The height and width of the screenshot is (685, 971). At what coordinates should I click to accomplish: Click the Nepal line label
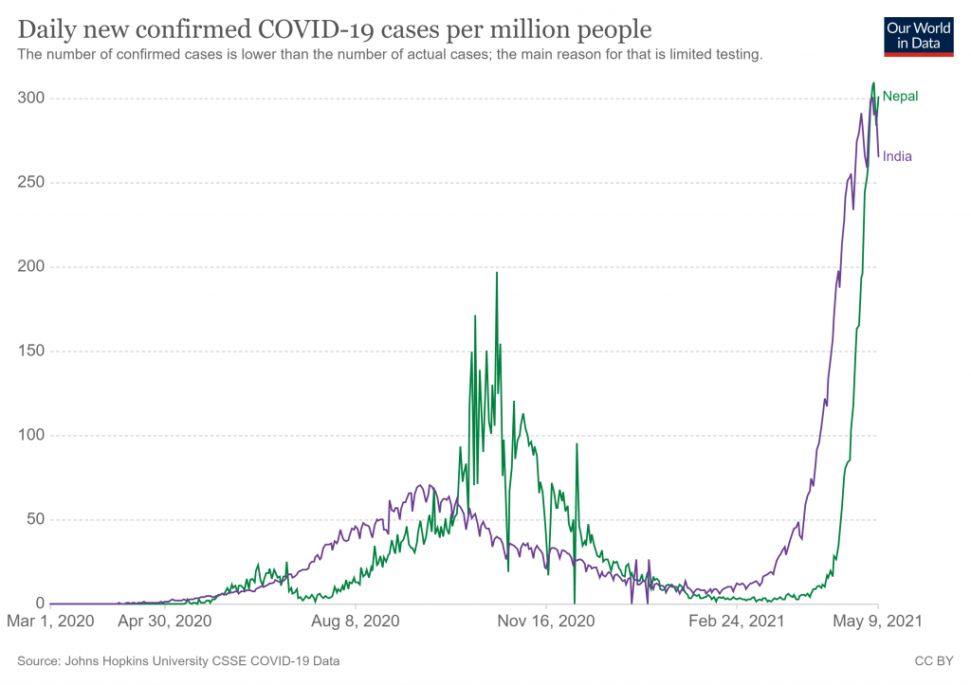pos(900,96)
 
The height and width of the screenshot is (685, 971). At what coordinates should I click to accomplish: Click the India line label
pos(897,156)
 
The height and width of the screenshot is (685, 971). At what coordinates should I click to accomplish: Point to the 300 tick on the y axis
pos(31,99)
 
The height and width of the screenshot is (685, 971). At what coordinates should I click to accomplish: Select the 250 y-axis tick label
pos(31,183)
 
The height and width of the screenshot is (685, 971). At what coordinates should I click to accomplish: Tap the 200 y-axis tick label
pos(31,267)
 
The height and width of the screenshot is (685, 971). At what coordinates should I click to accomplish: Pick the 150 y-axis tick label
pos(31,352)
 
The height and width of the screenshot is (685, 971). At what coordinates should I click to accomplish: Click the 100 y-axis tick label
pos(31,436)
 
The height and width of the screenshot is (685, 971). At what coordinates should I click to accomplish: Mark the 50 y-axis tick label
pos(35,520)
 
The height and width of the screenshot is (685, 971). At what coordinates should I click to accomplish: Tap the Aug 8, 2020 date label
pos(356,622)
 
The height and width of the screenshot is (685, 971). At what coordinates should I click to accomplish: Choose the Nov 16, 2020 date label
pos(546,622)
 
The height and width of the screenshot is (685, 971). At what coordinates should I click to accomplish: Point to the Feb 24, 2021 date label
pos(737,622)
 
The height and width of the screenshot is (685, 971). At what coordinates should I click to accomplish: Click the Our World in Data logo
pos(918,35)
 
